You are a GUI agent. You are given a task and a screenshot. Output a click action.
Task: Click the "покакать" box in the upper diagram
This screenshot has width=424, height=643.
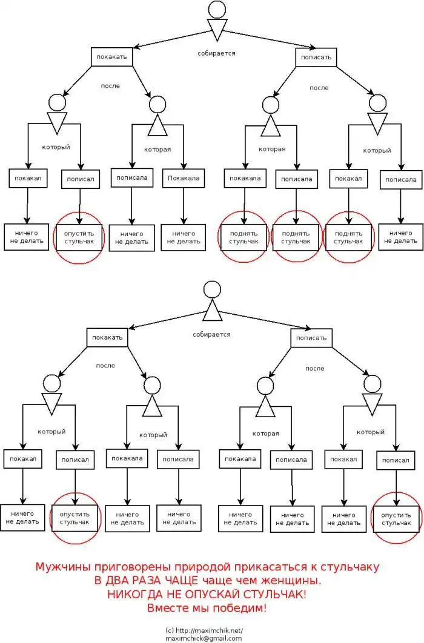point(111,57)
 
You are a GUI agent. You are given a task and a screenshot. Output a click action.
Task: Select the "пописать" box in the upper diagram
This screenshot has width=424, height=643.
point(316,58)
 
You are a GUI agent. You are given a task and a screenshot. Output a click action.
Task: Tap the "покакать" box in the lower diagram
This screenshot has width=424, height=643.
point(108,337)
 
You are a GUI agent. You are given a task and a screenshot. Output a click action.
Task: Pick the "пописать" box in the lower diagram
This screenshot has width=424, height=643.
point(311,338)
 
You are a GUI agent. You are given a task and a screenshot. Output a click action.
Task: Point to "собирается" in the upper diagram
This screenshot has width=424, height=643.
point(216,53)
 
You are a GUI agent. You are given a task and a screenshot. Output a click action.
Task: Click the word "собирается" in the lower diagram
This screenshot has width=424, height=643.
point(211,334)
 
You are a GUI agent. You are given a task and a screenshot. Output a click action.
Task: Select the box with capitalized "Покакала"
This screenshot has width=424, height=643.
point(183,178)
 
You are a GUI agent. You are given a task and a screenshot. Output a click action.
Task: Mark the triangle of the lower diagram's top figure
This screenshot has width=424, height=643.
point(212,311)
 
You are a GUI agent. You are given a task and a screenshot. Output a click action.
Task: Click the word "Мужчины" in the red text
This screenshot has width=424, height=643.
point(61,567)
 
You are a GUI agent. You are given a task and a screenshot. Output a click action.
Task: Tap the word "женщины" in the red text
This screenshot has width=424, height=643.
point(293,581)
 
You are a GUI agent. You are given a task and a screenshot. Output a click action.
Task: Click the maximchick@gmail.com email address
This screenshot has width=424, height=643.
point(203,638)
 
